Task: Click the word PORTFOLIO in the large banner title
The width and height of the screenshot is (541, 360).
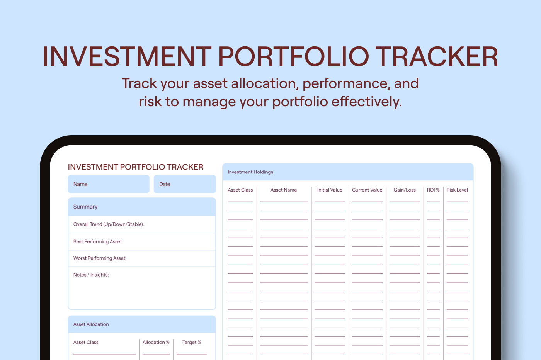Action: tap(294, 56)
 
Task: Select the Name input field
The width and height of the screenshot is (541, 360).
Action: tap(109, 184)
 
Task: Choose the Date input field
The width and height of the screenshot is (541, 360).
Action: tap(185, 184)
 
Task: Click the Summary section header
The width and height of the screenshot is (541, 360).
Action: tap(142, 207)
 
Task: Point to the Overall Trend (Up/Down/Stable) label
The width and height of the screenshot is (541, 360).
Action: tap(109, 224)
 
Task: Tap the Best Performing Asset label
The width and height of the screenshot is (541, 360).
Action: tap(98, 241)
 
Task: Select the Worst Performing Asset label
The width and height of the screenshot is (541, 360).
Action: tap(100, 258)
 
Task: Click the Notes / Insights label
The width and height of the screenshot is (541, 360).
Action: tap(91, 275)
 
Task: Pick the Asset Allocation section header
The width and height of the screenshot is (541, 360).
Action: tap(142, 324)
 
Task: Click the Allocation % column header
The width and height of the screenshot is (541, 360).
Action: tap(156, 342)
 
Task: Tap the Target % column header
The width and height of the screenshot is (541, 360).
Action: tap(192, 342)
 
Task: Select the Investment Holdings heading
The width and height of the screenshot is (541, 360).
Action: tap(250, 172)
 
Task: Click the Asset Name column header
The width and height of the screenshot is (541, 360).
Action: tap(284, 190)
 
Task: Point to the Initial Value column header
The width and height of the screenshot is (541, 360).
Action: tap(330, 190)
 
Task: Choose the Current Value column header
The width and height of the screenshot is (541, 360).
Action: tap(367, 190)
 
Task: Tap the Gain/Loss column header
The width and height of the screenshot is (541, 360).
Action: tap(405, 190)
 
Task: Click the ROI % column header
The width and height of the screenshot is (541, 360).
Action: tap(433, 190)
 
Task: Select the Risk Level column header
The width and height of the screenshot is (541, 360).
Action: tap(457, 190)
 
